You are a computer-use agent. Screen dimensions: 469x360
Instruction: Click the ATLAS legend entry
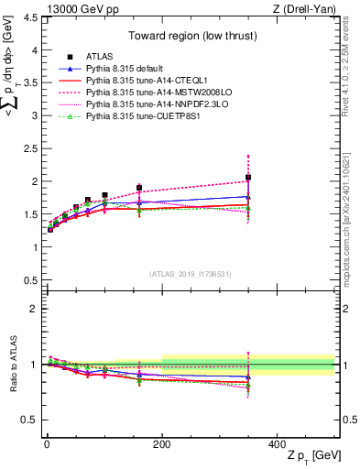tap(101, 57)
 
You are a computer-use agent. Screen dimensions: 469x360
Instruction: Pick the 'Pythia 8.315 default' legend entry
tap(129, 69)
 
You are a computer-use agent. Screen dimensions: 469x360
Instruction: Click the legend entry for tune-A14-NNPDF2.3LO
tap(150, 104)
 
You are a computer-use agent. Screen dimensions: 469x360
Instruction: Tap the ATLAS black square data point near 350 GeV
tap(248, 178)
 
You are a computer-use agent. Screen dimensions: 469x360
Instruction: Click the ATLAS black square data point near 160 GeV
tap(139, 188)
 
